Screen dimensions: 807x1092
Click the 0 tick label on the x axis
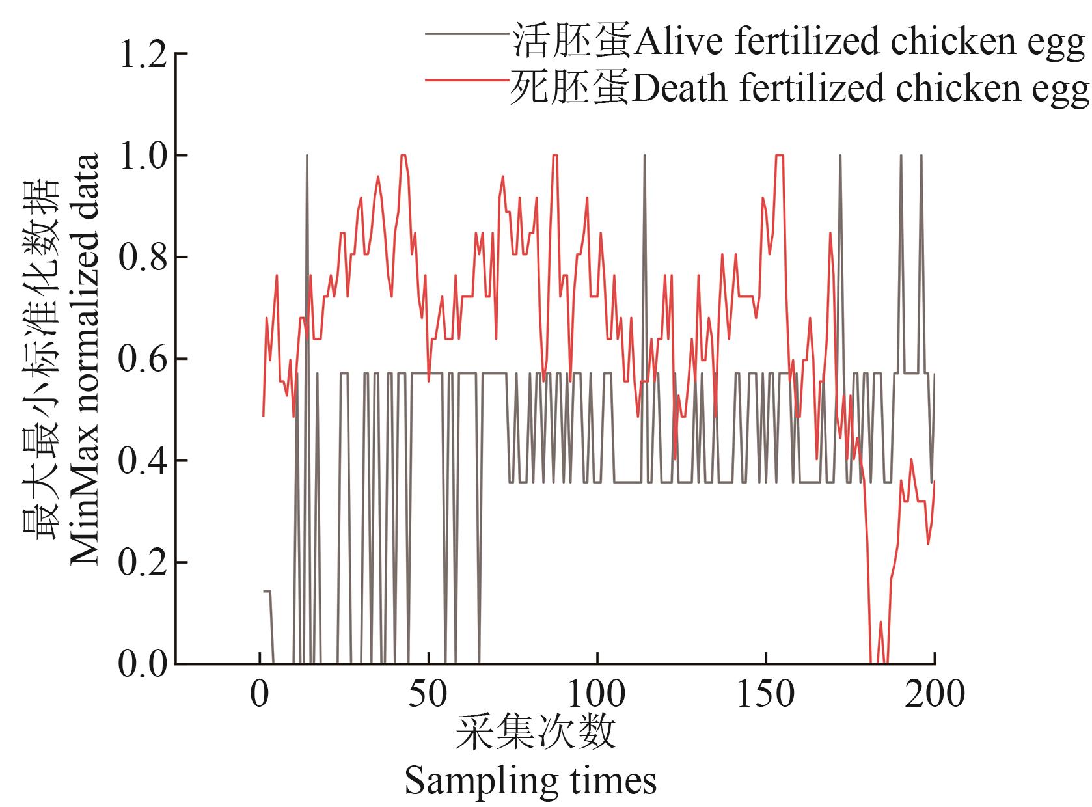click(260, 694)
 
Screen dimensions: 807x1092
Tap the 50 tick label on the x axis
click(428, 694)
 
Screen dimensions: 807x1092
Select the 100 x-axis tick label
click(597, 694)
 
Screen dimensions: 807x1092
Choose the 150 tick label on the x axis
click(765, 694)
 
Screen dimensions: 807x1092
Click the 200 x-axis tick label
click(935, 694)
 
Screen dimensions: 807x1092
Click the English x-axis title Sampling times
click(530, 781)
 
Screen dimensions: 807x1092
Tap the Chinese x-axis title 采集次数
click(535, 734)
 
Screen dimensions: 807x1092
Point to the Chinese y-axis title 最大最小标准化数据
click(40, 359)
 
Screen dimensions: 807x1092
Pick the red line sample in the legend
click(467, 79)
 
